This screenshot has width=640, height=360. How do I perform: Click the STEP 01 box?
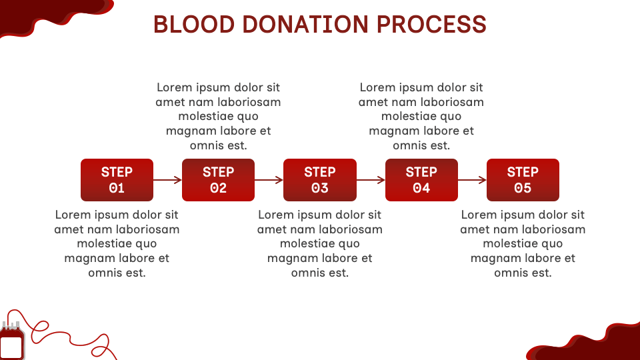point(117,180)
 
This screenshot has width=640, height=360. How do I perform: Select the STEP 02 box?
point(218,180)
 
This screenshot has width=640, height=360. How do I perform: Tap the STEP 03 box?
point(320,180)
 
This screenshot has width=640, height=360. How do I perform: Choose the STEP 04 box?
point(421,180)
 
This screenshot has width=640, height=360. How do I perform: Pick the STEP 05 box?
point(523,180)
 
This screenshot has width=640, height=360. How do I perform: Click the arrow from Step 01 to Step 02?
point(167,180)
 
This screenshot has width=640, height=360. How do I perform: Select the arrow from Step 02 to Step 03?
point(269,180)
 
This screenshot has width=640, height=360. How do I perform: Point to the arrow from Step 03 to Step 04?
point(371,180)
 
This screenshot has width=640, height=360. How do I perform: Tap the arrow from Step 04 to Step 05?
point(472,180)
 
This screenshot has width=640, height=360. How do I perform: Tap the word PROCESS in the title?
point(431,25)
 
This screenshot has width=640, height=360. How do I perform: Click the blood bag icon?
point(12,342)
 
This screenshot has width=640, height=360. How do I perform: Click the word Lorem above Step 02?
point(175,87)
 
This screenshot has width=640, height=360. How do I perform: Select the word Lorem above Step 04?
point(377,87)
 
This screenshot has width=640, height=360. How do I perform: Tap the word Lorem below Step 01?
point(73,215)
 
